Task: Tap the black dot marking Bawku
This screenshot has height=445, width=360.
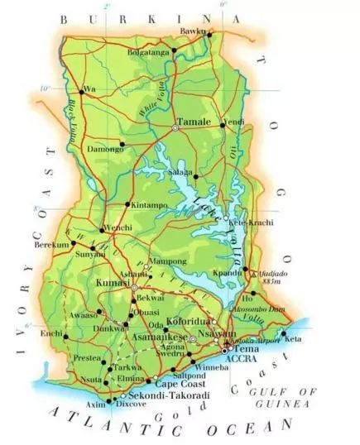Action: point(209,35)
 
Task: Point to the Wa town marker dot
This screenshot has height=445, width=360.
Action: point(81,90)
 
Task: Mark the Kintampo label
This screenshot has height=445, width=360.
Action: point(148,203)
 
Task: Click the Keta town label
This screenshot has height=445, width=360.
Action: point(294,338)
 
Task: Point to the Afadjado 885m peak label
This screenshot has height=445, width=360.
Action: point(273,275)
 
